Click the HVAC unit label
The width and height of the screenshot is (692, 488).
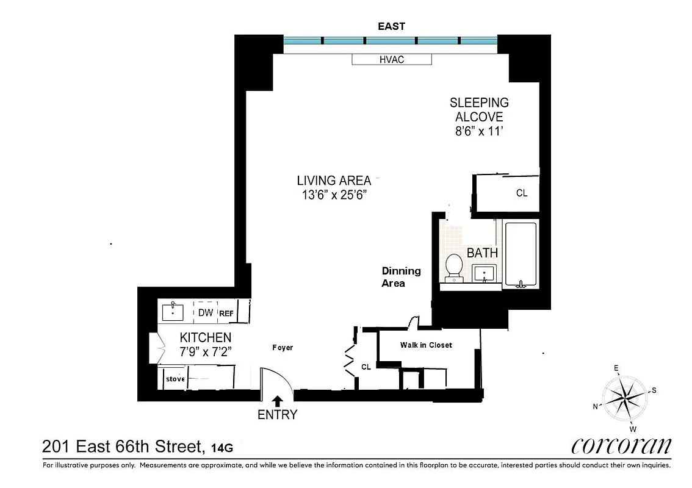click(392, 59)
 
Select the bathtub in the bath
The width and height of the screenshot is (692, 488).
click(521, 254)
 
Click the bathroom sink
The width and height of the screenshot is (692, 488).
click(484, 273)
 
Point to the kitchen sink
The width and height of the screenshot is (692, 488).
click(173, 312)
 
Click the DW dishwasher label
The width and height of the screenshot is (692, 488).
click(206, 313)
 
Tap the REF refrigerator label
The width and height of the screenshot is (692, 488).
click(226, 313)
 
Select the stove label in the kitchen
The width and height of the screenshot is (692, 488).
click(175, 379)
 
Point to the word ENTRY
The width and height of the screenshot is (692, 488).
click(277, 415)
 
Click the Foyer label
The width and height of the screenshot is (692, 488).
click(283, 348)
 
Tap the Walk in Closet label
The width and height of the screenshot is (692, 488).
click(426, 345)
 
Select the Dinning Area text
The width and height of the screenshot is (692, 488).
click(401, 277)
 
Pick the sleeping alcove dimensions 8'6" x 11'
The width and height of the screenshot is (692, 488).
click(479, 131)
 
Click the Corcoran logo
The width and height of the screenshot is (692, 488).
click(621, 447)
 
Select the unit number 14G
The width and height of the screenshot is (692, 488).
click(222, 448)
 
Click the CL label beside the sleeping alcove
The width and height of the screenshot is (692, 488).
click(521, 193)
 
